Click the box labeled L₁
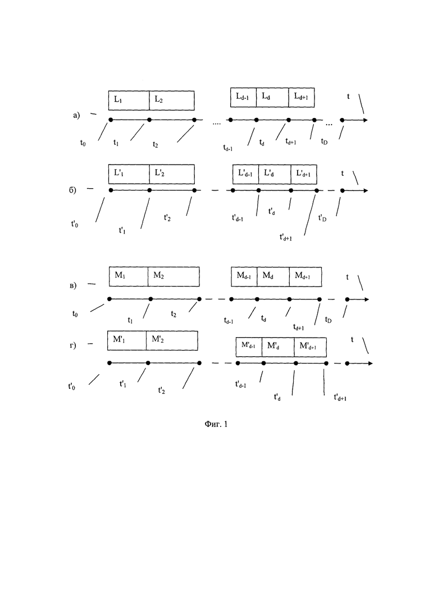point(129,101)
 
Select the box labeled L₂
point(172,101)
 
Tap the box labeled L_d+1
point(302,97)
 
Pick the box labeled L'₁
point(129,174)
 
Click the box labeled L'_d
point(275,174)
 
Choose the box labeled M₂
point(174,276)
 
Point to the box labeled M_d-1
point(244,277)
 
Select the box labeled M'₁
point(127,340)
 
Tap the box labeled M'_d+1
point(310,347)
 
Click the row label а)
point(76,115)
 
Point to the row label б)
point(72,190)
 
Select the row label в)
point(73,285)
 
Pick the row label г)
point(73,346)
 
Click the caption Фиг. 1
point(216,424)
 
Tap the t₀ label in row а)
point(83,143)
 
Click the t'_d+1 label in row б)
point(286,237)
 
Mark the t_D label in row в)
point(328,320)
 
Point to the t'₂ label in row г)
point(162,390)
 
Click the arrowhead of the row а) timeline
point(366,120)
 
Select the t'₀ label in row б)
point(75,224)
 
